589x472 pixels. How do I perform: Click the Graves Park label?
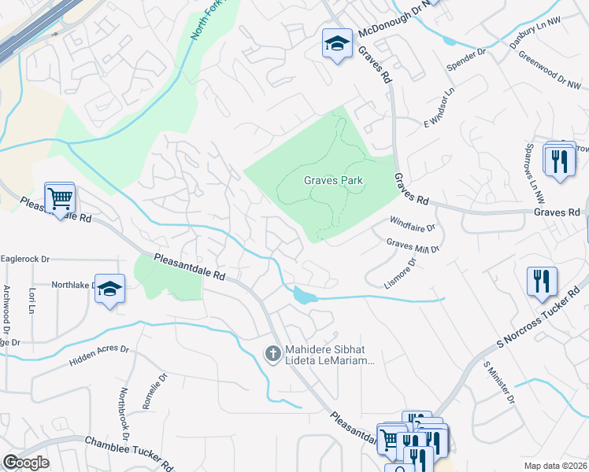pyautogui.click(x=334, y=180)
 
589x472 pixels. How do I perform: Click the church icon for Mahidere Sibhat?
pyautogui.click(x=272, y=354)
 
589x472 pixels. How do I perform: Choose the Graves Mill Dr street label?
pyautogui.click(x=412, y=245)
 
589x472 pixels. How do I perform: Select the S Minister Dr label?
pyautogui.click(x=499, y=384)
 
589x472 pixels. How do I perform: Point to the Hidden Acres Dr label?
pyautogui.click(x=98, y=354)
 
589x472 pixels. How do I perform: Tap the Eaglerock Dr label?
pyautogui.click(x=25, y=258)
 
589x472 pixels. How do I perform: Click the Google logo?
pyautogui.click(x=25, y=462)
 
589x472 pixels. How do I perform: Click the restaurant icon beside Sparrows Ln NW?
pyautogui.click(x=559, y=161)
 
